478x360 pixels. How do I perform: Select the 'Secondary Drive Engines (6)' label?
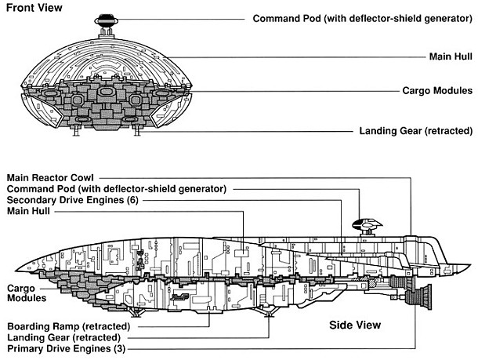coord(78,200)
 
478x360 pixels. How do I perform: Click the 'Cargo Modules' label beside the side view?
coord(24,293)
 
